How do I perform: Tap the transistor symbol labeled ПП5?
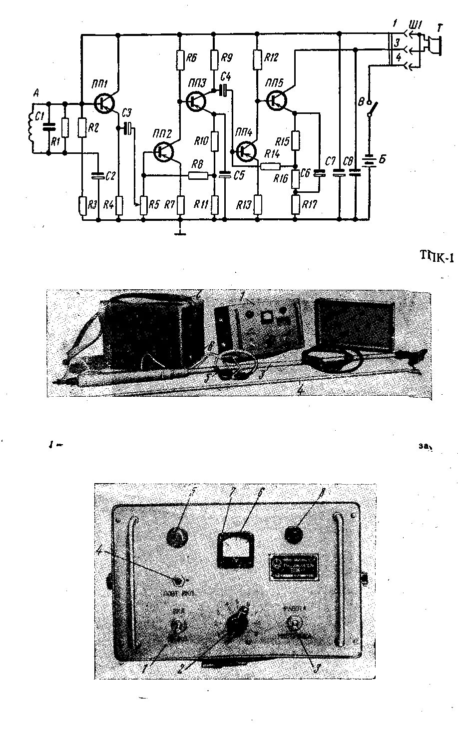tap(276, 100)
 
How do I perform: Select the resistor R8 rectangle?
tap(198, 175)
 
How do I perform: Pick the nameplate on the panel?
tap(295, 567)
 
